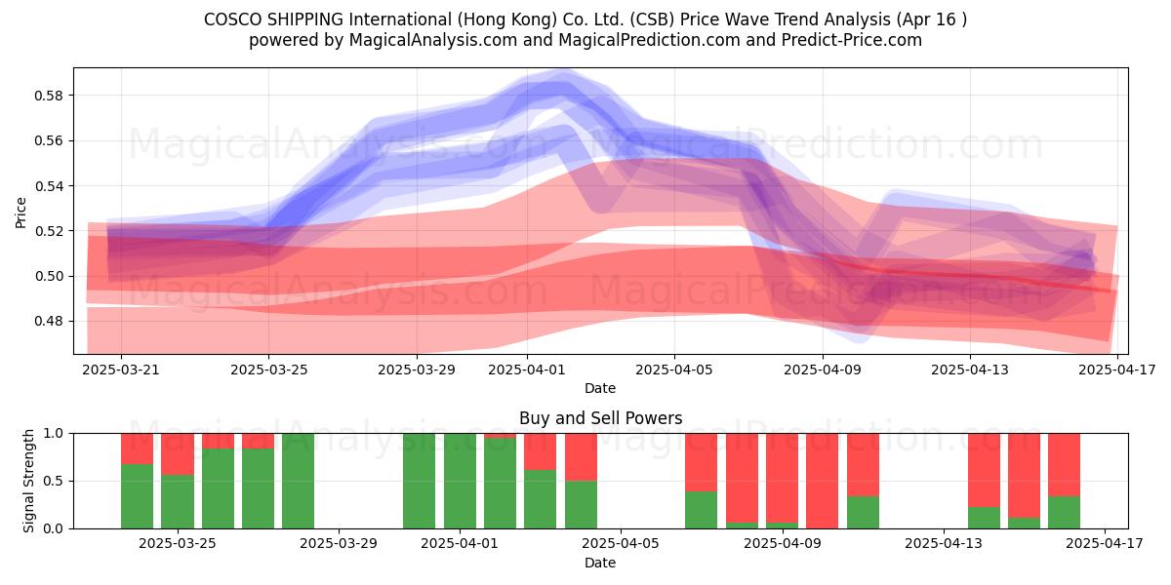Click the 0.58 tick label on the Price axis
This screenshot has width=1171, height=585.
(49, 96)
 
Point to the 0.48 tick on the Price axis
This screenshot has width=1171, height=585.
(49, 321)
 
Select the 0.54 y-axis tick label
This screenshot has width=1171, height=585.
(49, 186)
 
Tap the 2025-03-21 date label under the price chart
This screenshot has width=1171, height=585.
(121, 370)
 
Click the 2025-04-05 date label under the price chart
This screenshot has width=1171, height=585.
(674, 370)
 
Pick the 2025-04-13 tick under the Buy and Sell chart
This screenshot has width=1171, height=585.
(944, 544)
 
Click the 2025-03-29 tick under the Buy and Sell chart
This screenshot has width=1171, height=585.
(339, 544)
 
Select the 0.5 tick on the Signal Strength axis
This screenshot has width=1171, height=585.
(54, 481)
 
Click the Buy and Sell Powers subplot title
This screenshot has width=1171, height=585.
(601, 418)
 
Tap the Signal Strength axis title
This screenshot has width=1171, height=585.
(28, 481)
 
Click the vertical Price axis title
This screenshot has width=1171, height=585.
(20, 213)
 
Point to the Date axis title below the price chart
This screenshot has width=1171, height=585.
(600, 388)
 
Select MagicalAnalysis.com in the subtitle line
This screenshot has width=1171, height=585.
(433, 40)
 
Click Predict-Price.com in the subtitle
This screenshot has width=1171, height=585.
(852, 40)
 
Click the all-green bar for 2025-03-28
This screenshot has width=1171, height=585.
(298, 481)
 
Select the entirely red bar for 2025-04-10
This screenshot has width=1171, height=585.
(823, 481)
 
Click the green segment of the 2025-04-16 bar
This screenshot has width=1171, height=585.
(1064, 513)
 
